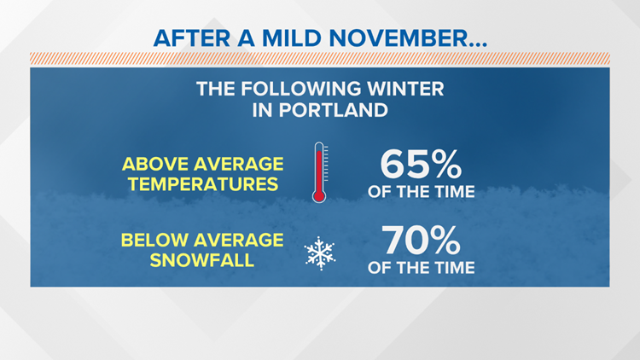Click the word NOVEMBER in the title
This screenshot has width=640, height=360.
pos(399,38)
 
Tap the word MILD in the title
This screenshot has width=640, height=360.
pos(291,38)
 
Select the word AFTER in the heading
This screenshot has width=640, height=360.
pos(192,38)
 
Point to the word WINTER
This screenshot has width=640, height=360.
pos(405,89)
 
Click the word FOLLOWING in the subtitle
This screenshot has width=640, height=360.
pos(301,89)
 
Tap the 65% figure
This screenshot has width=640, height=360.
pos(421,164)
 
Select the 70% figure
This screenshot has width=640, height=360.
pos(421,240)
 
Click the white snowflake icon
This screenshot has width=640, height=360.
pos(320,253)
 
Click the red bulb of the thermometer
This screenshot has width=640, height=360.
pos(319,196)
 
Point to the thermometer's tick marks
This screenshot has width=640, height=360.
pos(326,163)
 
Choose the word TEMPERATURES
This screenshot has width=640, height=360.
pos(203,184)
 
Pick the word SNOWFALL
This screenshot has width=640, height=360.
pos(202,260)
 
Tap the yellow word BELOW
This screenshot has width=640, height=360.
pos(154,240)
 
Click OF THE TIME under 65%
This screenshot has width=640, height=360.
pos(422,192)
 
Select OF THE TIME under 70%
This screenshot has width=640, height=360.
pos(422,268)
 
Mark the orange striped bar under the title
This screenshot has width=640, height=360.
pos(320,59)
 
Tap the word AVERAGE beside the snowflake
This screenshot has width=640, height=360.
pos(239,240)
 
